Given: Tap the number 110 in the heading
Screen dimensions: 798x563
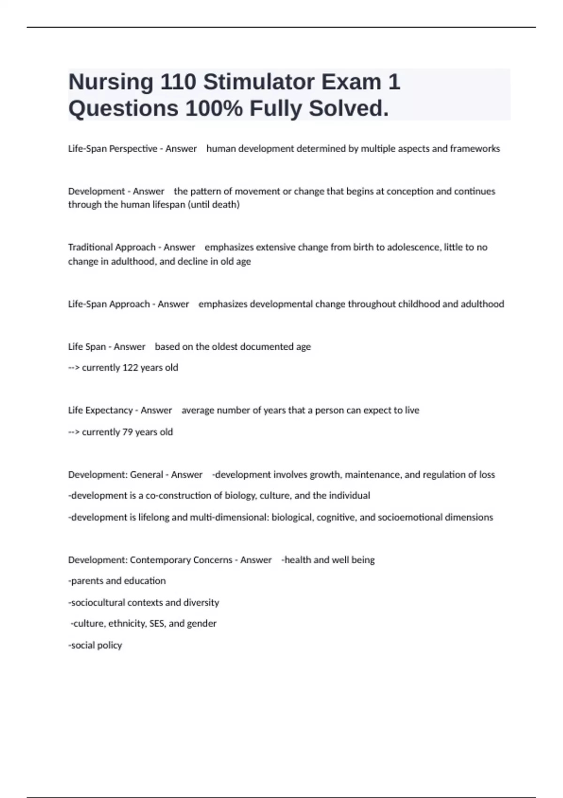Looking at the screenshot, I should pyautogui.click(x=178, y=82).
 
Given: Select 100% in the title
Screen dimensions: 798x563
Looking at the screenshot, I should pyautogui.click(x=214, y=109).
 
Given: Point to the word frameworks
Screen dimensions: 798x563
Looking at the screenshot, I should pyautogui.click(x=475, y=149).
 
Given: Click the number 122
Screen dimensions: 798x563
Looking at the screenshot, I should pyautogui.click(x=130, y=368).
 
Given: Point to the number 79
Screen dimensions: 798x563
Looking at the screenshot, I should pyautogui.click(x=127, y=432).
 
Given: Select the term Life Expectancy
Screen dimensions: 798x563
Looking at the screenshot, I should pyautogui.click(x=100, y=410).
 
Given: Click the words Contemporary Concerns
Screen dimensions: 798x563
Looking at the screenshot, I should pyautogui.click(x=181, y=560).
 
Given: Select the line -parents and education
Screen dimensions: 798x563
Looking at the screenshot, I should pyautogui.click(x=117, y=581).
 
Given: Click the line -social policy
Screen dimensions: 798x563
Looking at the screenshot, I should pyautogui.click(x=95, y=645).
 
